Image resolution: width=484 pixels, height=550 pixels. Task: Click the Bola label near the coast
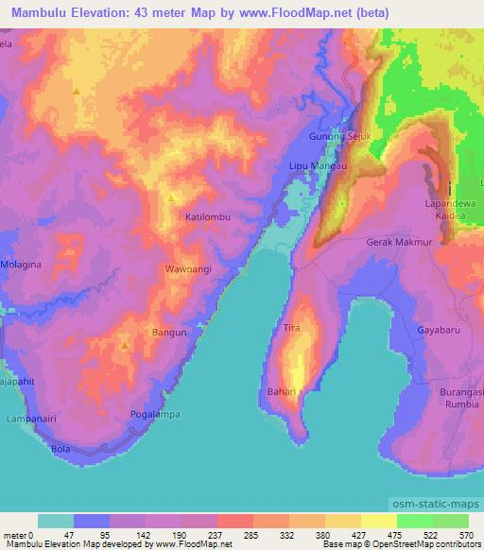tap(61, 448)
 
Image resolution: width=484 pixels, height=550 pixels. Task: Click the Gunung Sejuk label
tap(336, 137)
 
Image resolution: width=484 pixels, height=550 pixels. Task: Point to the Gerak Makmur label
tap(398, 242)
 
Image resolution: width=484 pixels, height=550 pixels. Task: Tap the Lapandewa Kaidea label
tap(449, 210)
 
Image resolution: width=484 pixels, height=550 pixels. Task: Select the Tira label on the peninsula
tap(291, 328)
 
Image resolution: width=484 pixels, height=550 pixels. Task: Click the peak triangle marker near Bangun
tap(125, 346)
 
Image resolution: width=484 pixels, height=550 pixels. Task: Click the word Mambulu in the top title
tap(39, 11)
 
